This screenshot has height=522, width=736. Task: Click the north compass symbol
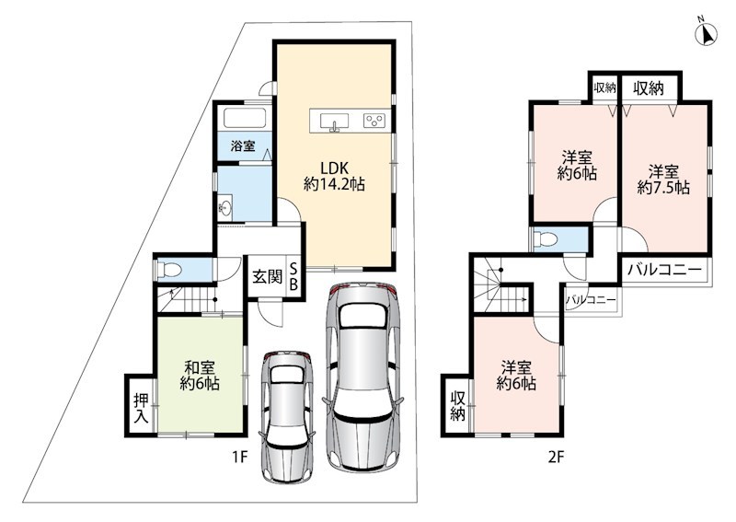pos(706,33)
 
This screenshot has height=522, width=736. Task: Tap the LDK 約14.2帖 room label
pos(334,176)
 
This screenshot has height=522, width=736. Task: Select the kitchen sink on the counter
pos(334,122)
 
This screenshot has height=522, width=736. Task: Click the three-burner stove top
pos(374,121)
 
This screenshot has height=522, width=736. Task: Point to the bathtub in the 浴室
pos(245,118)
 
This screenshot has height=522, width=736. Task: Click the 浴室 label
pos(243,145)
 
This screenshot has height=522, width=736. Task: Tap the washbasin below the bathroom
pos(225,207)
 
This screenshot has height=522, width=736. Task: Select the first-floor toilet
pos(169,270)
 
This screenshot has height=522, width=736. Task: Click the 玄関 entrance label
pos(268,277)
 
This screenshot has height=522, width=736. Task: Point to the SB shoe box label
pos(293,277)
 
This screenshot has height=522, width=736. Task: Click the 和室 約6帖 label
pos(200,375)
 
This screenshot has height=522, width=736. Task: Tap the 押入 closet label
pos(142,408)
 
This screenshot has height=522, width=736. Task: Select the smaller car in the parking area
pos(286,416)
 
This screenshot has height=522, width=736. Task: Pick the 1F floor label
pos(240,457)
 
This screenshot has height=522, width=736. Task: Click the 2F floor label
pos(556,457)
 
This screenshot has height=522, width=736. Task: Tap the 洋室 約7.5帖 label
pos(663,179)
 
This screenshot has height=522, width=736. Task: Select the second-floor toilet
pos(546,239)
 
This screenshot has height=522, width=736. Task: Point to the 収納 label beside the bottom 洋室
pos(457,405)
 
